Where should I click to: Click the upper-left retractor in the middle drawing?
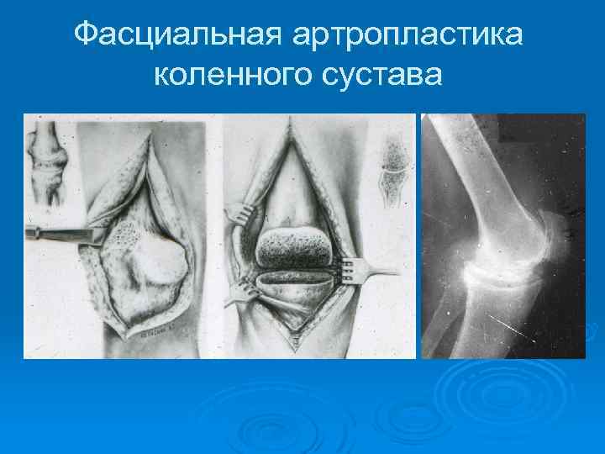(x=244, y=218)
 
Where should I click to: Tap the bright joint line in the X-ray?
(x=504, y=271)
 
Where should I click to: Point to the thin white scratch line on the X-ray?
(x=521, y=324)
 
